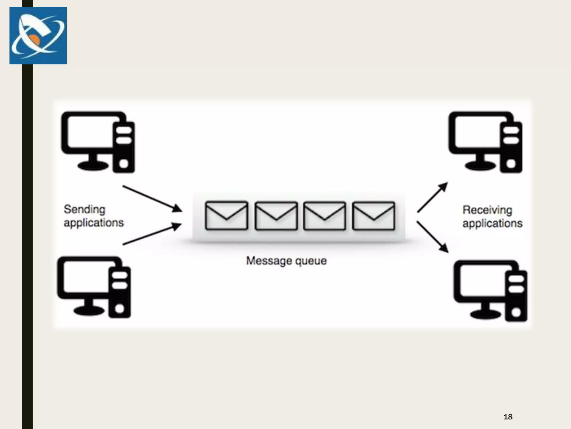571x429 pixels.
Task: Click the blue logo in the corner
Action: (38, 35)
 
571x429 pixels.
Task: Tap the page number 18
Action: (508, 417)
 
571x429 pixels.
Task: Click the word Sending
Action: (84, 209)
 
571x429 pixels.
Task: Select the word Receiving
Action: (487, 210)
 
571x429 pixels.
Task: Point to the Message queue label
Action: (286, 261)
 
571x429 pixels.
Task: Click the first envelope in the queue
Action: (226, 216)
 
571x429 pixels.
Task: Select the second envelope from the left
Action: (276, 216)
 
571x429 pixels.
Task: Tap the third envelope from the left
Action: (325, 216)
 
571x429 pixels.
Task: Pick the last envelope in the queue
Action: (374, 216)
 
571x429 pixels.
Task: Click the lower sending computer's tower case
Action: (120, 292)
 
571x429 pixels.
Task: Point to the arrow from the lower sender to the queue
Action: (152, 234)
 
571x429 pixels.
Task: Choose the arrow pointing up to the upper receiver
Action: (432, 197)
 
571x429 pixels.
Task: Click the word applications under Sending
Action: (94, 223)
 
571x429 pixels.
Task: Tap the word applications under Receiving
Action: (492, 223)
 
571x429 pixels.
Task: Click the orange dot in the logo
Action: (34, 40)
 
